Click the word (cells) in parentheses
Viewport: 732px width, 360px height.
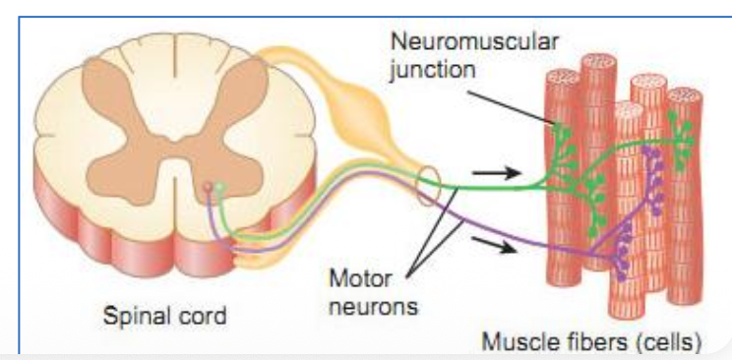(x=668, y=342)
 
